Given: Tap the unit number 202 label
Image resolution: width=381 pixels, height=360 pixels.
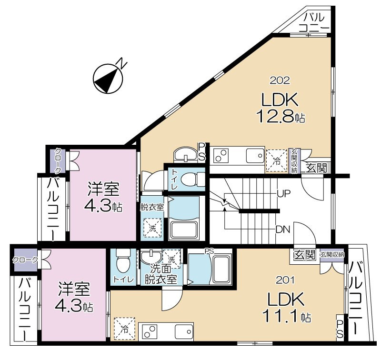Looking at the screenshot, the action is click(x=280, y=80).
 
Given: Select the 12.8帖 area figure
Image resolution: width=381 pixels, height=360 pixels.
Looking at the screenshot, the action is click(x=281, y=116).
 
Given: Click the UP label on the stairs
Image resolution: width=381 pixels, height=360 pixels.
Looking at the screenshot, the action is click(x=284, y=194).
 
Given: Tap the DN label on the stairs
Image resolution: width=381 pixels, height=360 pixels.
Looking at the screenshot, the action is click(x=283, y=230).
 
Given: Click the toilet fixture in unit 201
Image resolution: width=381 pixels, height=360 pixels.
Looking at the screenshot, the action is click(x=123, y=261).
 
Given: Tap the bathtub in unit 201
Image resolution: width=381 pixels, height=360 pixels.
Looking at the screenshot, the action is click(x=221, y=269).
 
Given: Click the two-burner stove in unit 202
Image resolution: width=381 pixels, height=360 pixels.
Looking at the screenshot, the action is click(x=221, y=156).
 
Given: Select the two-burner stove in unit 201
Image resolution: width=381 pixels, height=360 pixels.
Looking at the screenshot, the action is click(x=149, y=332).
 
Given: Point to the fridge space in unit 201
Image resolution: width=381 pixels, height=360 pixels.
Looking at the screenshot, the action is click(x=124, y=329).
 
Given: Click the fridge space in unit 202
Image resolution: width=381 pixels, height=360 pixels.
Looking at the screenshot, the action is click(x=277, y=160).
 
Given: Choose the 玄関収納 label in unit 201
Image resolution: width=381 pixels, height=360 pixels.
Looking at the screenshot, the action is click(x=332, y=255).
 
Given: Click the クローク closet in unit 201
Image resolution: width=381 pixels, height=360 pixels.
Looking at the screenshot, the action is click(x=26, y=260).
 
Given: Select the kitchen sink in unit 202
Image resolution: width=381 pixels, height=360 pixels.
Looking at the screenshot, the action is click(x=255, y=155).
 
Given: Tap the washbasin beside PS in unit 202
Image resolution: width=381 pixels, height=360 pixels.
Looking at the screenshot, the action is click(x=186, y=154).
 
